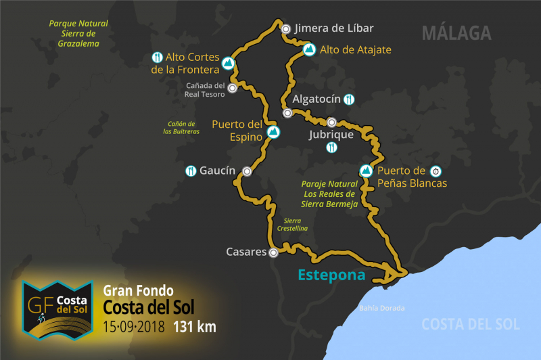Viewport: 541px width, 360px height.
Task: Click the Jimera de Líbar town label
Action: click(x=335, y=28)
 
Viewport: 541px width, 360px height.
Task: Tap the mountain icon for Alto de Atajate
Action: click(x=308, y=49)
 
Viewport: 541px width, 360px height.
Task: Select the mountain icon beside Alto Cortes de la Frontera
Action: click(x=229, y=64)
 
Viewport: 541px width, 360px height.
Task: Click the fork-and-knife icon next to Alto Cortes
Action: click(x=157, y=58)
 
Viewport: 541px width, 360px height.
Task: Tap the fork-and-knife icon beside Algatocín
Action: click(x=349, y=99)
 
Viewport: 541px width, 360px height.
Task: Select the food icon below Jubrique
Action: click(x=331, y=148)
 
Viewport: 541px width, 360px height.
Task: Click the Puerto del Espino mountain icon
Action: click(x=273, y=131)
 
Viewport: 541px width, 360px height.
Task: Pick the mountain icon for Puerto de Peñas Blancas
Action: click(x=366, y=171)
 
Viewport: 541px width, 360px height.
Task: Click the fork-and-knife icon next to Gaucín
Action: click(x=191, y=171)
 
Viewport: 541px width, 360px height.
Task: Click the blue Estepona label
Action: click(x=331, y=275)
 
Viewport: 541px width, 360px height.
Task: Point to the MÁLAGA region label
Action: click(x=456, y=32)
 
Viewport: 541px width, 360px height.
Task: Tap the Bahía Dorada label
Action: click(x=382, y=308)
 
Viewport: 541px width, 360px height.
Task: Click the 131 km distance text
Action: click(x=195, y=327)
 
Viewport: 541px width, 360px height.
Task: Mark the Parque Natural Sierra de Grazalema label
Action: click(x=78, y=33)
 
